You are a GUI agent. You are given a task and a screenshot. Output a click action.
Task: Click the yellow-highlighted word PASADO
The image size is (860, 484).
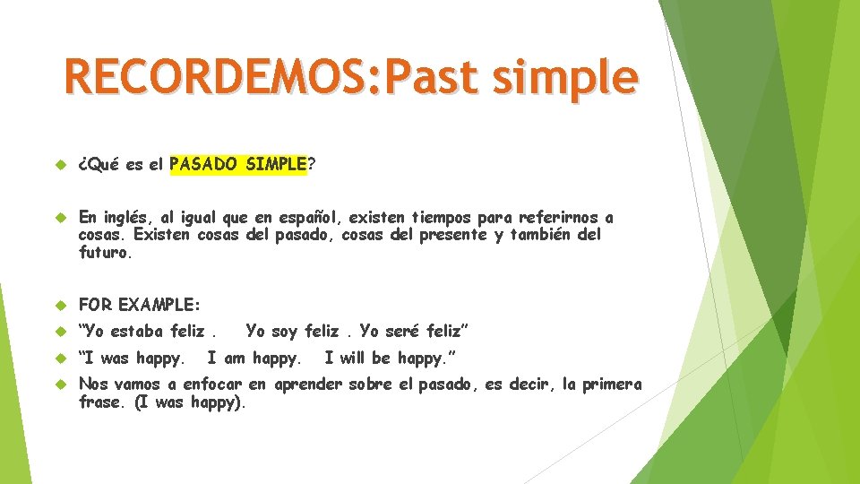click(203, 164)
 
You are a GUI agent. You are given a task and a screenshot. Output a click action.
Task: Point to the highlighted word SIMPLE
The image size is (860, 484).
click(276, 164)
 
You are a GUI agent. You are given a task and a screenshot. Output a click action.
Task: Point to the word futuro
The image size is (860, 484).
click(104, 253)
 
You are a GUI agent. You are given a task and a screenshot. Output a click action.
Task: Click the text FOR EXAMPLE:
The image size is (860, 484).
click(140, 304)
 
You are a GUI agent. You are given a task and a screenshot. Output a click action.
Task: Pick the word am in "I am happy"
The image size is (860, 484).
click(233, 359)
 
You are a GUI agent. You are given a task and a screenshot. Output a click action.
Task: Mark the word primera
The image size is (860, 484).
click(612, 385)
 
